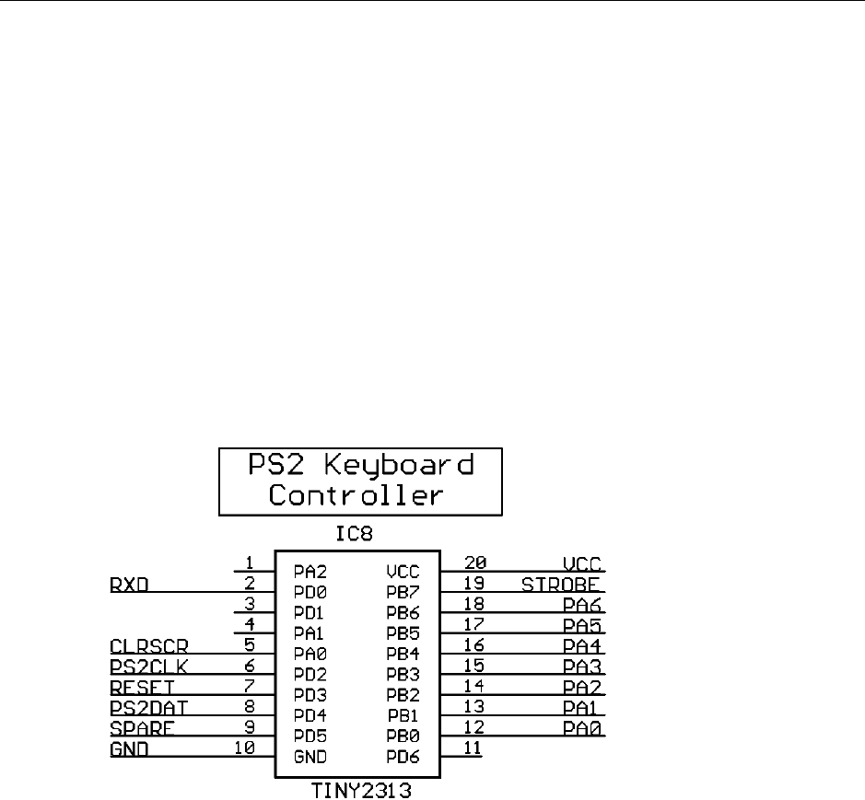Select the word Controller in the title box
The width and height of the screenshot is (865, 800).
click(x=357, y=495)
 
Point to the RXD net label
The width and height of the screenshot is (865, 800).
click(x=130, y=585)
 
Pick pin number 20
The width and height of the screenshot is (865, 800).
click(x=476, y=562)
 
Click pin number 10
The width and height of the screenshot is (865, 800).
click(x=243, y=748)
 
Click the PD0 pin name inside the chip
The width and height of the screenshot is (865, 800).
click(x=310, y=592)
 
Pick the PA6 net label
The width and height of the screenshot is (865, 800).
click(x=584, y=605)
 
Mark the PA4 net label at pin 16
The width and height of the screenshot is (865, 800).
click(x=584, y=645)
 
